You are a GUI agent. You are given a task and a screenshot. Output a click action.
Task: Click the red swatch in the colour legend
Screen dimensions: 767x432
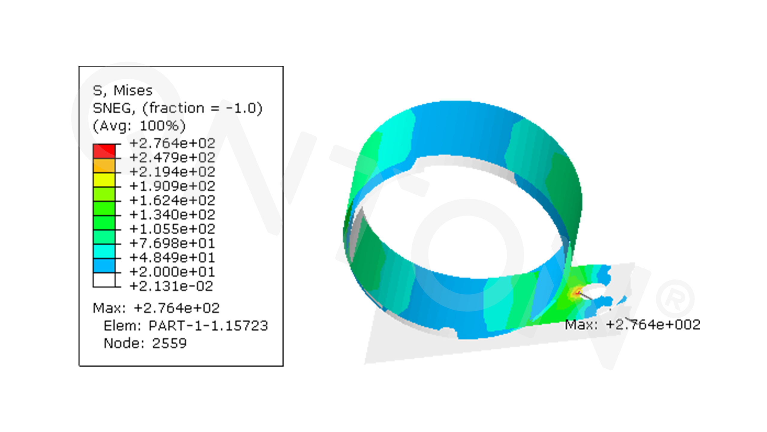(x=104, y=151)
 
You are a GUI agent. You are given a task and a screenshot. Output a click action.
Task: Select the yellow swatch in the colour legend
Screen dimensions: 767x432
(x=104, y=180)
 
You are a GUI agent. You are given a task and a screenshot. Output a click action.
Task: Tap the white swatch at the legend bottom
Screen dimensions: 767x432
(x=104, y=280)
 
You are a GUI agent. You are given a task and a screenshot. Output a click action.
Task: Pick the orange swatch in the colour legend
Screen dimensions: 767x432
(x=104, y=166)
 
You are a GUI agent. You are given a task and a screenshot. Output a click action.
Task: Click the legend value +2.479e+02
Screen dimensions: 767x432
(x=172, y=157)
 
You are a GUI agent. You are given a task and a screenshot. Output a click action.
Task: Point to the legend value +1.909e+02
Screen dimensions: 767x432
(x=172, y=186)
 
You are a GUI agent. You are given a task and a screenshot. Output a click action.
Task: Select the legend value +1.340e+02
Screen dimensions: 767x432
(x=172, y=214)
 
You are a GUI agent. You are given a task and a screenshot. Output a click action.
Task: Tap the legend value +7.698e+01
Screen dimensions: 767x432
(x=172, y=243)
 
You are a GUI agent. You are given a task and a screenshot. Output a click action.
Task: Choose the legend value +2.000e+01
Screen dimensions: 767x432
(x=172, y=272)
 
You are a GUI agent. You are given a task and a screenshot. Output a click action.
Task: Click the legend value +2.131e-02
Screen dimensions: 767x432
(x=171, y=286)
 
